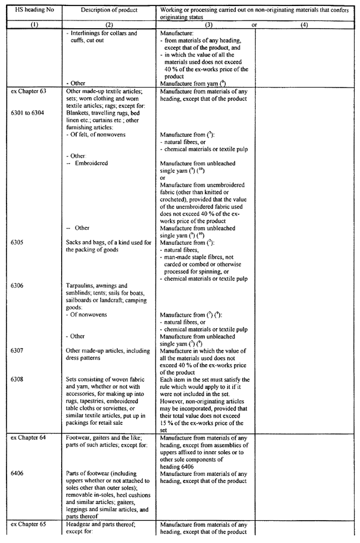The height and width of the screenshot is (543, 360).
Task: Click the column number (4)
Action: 304,26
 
